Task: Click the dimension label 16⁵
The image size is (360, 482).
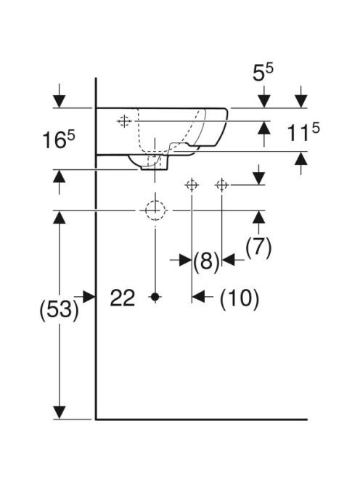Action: click(58, 140)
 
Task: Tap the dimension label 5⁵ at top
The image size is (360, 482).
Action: click(263, 73)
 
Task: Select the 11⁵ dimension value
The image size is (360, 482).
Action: click(303, 132)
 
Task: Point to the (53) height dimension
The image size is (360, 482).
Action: click(59, 309)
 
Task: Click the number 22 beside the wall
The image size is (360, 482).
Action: click(123, 298)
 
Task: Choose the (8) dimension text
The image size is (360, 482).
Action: click(207, 261)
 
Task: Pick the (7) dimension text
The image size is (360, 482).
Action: click(258, 248)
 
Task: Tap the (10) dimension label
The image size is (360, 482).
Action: click(240, 298)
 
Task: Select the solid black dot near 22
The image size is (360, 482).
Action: click(155, 297)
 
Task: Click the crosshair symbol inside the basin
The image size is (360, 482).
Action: click(124, 121)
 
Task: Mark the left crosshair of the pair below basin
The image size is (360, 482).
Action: click(192, 185)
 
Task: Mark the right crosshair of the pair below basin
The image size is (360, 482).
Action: click(221, 185)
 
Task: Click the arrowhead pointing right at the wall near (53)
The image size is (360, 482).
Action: click(89, 297)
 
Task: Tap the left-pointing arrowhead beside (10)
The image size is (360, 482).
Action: click(198, 297)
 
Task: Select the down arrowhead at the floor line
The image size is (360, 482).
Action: click(60, 412)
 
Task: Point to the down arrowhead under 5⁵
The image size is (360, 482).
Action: click(264, 102)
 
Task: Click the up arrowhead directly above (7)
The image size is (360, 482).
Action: click(259, 217)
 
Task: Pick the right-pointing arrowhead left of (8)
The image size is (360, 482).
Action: click(185, 260)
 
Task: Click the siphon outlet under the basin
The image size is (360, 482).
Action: click(155, 163)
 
